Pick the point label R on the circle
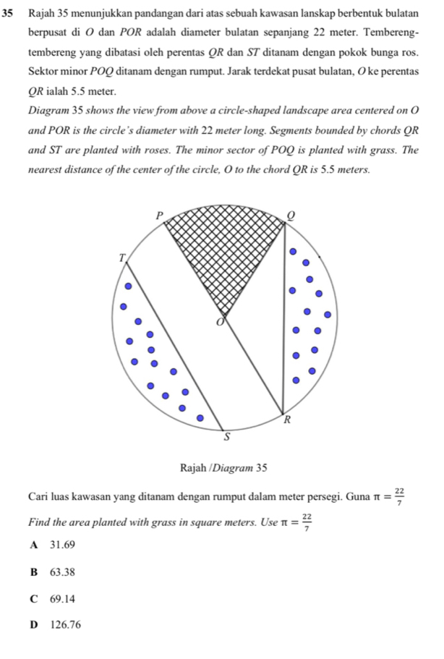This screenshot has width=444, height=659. pos(287,420)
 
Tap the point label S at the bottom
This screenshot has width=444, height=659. pos(226,437)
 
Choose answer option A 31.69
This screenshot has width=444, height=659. pos(55,544)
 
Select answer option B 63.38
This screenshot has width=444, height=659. pos(55,571)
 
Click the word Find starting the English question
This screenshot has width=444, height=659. pos(40,519)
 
